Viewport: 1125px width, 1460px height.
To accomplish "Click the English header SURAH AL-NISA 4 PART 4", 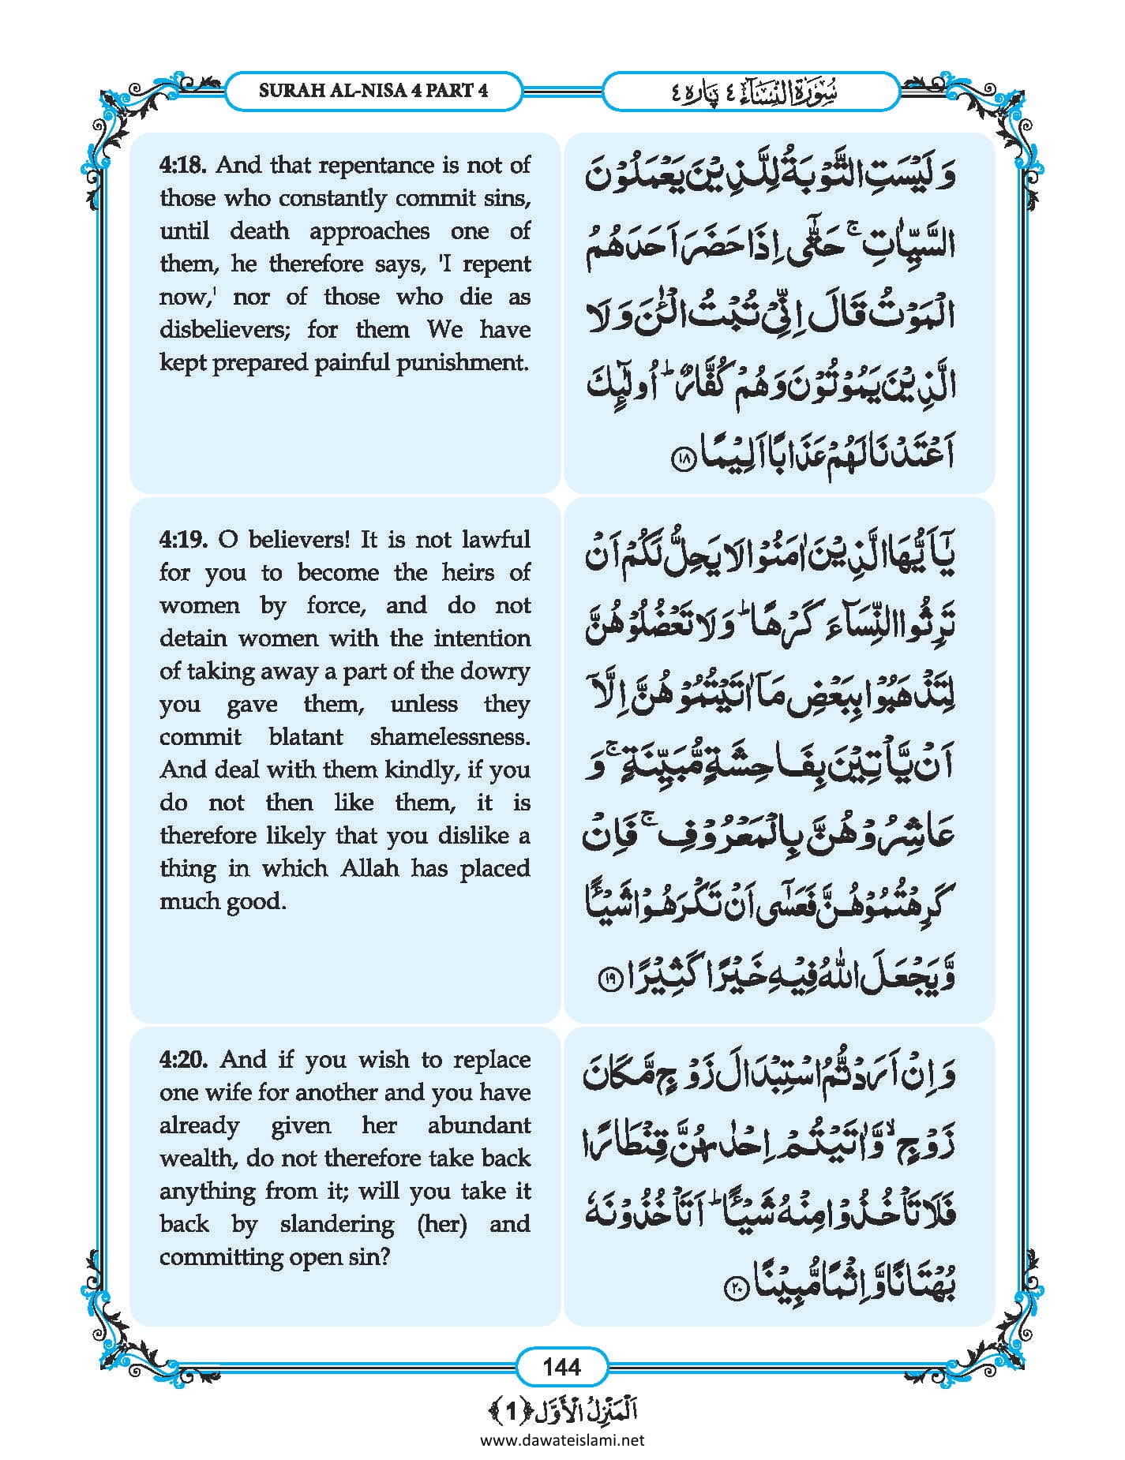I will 373,90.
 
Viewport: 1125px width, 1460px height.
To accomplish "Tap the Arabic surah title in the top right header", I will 750,92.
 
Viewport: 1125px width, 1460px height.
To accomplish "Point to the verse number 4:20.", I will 183,1060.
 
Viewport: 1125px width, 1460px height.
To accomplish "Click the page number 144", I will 561,1366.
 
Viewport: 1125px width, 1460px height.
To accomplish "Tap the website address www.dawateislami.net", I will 561,1440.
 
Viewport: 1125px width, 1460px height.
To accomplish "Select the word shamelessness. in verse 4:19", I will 450,738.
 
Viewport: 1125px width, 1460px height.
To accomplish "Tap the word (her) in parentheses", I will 442,1224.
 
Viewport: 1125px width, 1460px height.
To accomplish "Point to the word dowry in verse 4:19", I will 499,672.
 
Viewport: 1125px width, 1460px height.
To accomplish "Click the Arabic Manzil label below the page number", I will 561,1409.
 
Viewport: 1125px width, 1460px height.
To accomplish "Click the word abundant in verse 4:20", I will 478,1125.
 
